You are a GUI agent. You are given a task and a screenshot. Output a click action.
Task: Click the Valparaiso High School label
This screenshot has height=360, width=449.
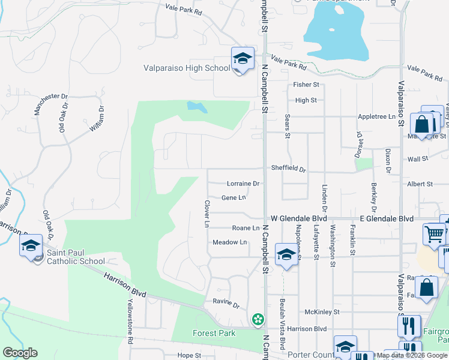(x=186, y=68)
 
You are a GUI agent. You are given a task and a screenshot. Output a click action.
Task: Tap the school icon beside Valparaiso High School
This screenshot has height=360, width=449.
(x=243, y=59)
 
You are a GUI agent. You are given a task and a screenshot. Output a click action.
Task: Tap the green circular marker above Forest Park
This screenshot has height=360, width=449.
(x=258, y=319)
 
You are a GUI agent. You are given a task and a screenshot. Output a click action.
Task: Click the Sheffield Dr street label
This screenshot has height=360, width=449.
(x=288, y=169)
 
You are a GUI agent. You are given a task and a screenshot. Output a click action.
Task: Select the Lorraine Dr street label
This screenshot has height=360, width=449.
(x=243, y=184)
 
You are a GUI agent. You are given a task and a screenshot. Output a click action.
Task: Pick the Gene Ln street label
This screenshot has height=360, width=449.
(x=234, y=197)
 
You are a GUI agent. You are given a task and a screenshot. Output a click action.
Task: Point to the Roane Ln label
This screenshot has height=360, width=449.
(x=246, y=228)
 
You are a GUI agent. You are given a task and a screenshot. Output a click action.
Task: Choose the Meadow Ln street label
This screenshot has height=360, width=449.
(x=230, y=242)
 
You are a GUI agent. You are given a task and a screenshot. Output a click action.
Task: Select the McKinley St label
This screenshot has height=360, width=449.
(x=322, y=312)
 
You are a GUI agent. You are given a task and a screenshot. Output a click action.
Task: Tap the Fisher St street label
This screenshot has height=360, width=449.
(x=306, y=85)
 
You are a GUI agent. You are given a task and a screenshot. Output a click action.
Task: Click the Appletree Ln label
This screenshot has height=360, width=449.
(x=376, y=116)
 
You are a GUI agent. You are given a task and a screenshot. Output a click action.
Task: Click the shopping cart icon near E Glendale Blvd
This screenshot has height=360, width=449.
(x=434, y=234)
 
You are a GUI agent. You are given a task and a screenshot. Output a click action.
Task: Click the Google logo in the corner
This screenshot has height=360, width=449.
(x=20, y=353)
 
